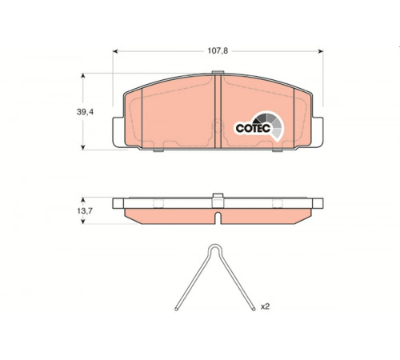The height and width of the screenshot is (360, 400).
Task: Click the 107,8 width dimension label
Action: (x=218, y=50)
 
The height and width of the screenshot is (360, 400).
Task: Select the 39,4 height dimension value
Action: (x=85, y=112)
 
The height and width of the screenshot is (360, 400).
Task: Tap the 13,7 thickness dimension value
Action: (x=85, y=211)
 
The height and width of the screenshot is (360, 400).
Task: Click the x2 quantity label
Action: (x=265, y=306)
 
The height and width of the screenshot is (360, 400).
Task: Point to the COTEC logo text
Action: (x=253, y=128)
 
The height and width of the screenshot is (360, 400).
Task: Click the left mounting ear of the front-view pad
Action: (x=118, y=132)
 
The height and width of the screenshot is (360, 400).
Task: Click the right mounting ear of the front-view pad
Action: (x=318, y=132)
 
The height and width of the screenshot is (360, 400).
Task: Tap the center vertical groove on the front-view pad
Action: (x=218, y=111)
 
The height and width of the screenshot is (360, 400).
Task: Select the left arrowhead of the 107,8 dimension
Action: (x=115, y=51)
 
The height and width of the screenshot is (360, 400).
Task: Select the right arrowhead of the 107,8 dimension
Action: (x=321, y=51)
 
